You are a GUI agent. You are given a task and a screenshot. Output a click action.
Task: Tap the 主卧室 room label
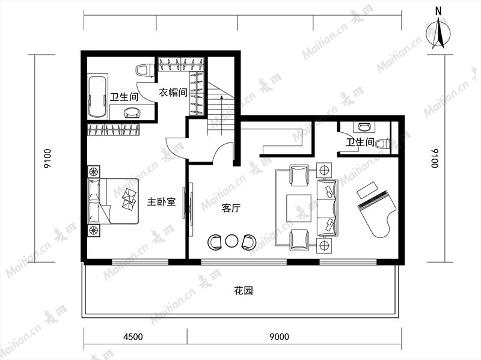[x=161, y=202]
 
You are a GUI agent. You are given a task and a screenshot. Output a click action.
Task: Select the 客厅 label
[x=231, y=209]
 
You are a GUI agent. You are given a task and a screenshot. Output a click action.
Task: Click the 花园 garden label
[x=244, y=290]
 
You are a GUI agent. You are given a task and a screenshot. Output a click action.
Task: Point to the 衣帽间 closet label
[x=173, y=92]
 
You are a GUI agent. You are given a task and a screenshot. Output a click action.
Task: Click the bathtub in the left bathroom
[x=97, y=97]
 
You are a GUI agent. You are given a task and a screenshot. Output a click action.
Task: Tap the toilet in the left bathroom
[x=144, y=70]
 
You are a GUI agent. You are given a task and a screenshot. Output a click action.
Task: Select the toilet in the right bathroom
[x=383, y=144]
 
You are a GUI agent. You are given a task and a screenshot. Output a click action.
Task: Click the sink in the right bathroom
[x=364, y=126]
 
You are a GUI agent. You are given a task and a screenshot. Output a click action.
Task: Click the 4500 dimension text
[x=133, y=337]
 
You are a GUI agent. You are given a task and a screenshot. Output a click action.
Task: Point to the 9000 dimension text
[x=279, y=337]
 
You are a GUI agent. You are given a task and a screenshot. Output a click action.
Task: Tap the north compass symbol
[x=438, y=31]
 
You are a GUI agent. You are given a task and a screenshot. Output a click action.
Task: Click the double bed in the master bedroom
[x=113, y=201]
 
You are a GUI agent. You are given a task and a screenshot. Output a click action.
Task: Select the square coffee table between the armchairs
[x=299, y=208]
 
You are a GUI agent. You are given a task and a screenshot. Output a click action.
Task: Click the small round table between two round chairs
[x=231, y=241]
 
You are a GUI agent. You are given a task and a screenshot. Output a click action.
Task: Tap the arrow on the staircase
[x=221, y=115]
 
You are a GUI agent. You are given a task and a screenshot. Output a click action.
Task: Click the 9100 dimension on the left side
[x=48, y=158]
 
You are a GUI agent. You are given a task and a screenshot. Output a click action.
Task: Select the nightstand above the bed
[x=94, y=171]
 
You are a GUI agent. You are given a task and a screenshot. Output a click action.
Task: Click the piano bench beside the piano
[x=367, y=190]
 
